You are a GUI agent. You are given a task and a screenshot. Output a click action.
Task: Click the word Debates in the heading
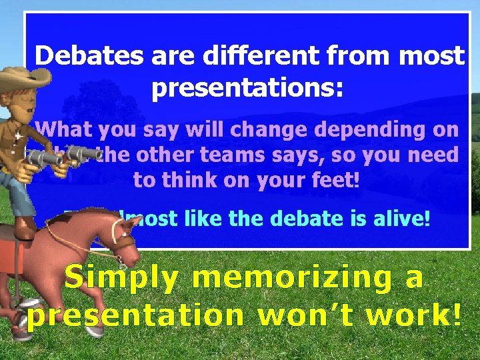click(89, 56)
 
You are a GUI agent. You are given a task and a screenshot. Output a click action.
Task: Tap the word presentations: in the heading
click(247, 87)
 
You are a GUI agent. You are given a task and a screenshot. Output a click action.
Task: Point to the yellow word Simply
click(121, 277)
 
